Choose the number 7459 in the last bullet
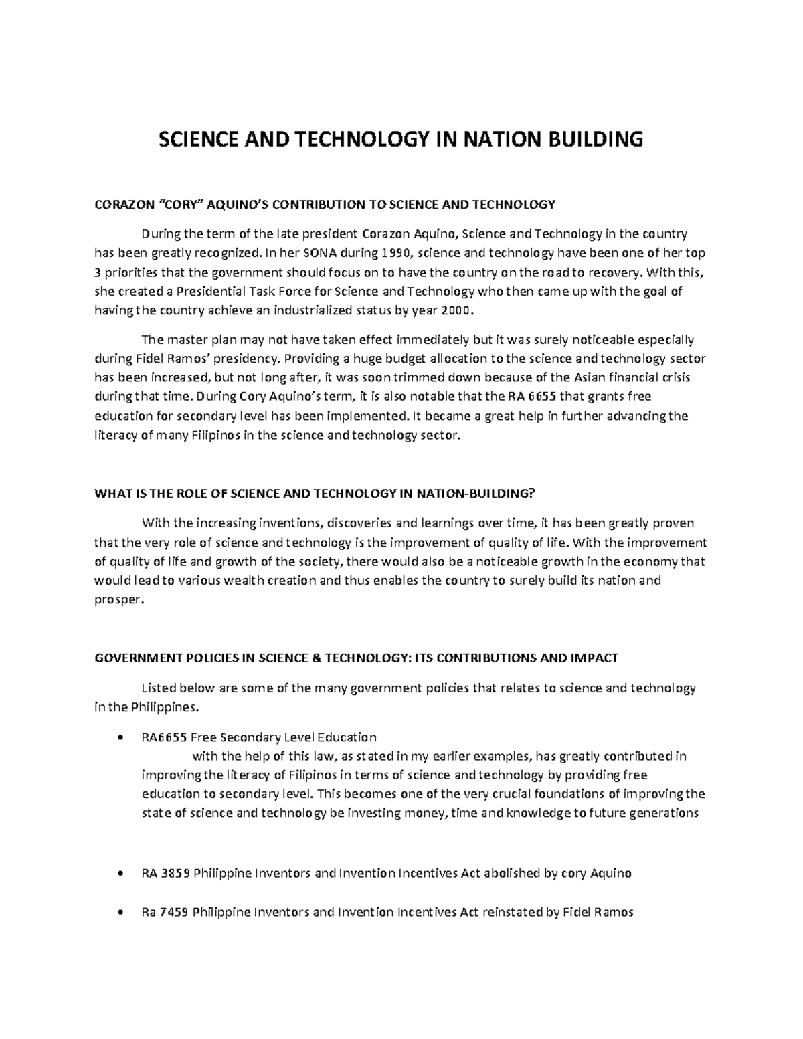point(175,912)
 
